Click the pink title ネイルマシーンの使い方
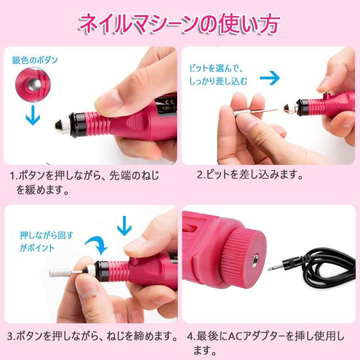point(179,23)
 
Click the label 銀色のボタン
point(35,59)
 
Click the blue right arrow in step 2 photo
point(272,78)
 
